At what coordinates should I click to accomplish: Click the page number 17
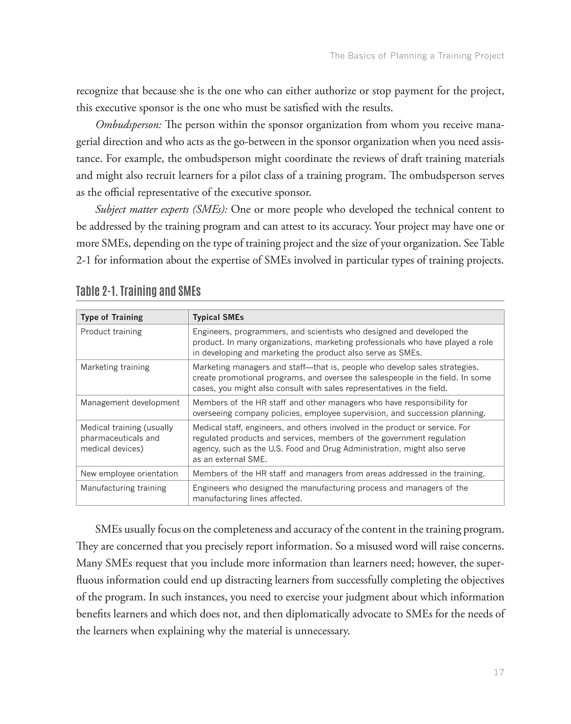pos(499,672)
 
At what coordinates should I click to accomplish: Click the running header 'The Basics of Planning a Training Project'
pos(417,56)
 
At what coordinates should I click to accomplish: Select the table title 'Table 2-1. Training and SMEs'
pos(138,291)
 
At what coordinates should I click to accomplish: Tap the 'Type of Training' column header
pos(112,317)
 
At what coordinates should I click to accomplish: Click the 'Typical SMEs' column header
pos(218,317)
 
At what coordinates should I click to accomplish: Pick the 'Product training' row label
pos(111,331)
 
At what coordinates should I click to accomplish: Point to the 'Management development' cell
pos(130,402)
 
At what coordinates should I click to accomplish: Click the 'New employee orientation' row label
pos(129,473)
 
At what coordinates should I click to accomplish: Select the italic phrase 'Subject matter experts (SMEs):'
pos(161,210)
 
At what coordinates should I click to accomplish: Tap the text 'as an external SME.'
pos(230,459)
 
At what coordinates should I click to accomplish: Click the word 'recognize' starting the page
pos(97,91)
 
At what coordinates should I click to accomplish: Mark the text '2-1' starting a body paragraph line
pos(83,260)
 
